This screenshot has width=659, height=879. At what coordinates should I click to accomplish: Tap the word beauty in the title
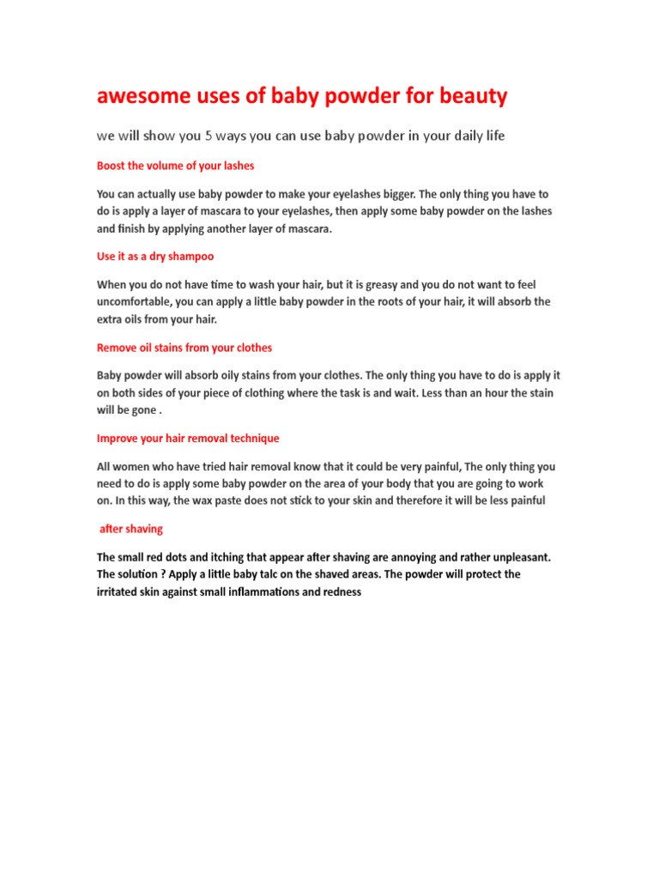coord(473,97)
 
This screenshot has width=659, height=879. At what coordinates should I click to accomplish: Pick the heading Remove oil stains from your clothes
coord(184,348)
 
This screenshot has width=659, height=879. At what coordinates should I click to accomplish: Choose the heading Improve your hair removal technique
coord(188,439)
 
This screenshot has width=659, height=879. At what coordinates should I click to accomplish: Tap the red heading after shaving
coord(131,529)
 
